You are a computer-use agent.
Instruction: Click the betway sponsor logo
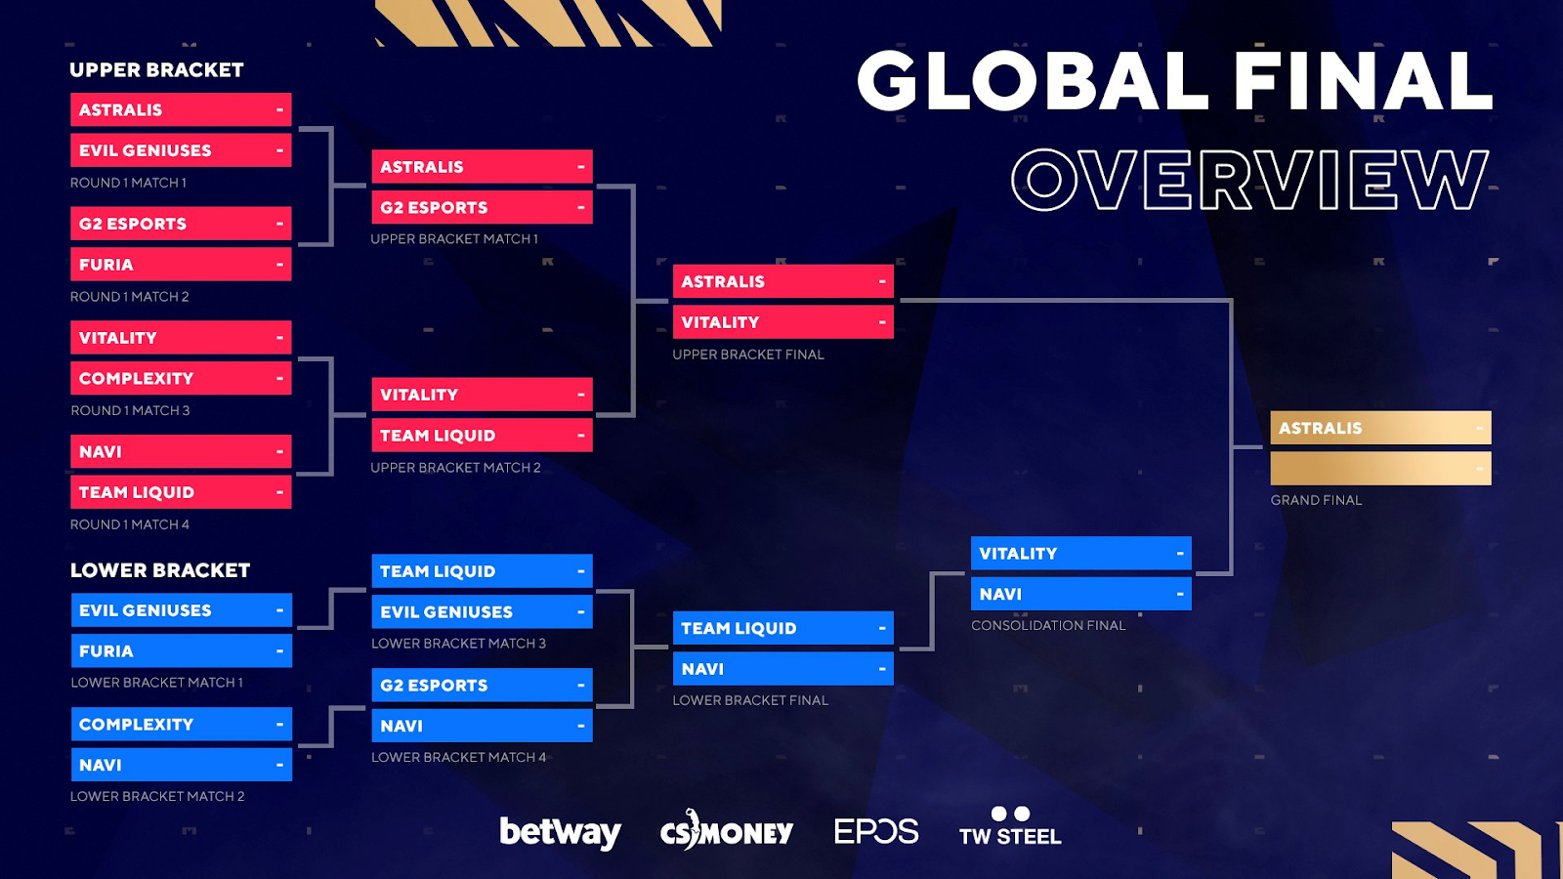(x=561, y=831)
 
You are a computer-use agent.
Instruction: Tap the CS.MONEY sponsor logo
(x=727, y=830)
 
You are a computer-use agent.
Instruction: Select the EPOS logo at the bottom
(x=876, y=831)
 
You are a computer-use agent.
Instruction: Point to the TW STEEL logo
(x=1010, y=826)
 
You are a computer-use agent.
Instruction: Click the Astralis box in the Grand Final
(x=1381, y=428)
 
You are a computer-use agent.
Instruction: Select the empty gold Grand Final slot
(x=1381, y=468)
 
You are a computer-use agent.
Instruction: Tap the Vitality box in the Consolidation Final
(x=1080, y=553)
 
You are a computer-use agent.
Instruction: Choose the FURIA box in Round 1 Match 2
(x=181, y=265)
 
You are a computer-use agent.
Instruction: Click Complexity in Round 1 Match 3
(x=181, y=378)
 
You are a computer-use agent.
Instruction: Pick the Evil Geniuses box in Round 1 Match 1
(x=181, y=150)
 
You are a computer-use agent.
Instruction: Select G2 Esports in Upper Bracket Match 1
(x=483, y=207)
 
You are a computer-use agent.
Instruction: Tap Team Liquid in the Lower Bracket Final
(x=782, y=628)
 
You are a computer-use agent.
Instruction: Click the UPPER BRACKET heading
(x=156, y=69)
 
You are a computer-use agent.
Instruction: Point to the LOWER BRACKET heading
(x=160, y=570)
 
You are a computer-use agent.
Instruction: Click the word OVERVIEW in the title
(x=1249, y=180)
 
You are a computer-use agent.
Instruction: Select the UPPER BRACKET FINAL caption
(x=748, y=355)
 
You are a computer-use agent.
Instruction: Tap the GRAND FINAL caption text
(x=1316, y=500)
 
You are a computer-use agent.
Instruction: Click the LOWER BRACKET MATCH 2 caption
(x=157, y=796)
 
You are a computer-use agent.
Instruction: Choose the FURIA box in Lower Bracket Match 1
(x=182, y=650)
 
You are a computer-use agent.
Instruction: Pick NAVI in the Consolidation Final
(x=1080, y=594)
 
